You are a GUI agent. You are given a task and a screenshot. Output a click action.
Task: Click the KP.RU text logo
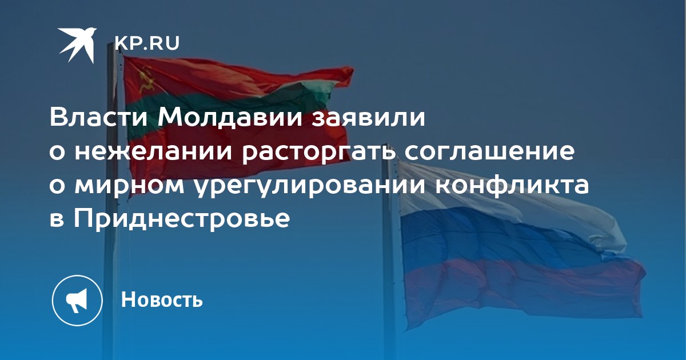coord(147,43)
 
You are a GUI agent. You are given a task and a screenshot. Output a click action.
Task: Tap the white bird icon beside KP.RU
coord(77,45)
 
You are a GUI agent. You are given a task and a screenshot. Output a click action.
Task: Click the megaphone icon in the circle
coord(77,301)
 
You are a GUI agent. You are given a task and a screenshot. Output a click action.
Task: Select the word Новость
coord(162,299)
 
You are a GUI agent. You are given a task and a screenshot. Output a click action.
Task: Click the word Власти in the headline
coord(98,118)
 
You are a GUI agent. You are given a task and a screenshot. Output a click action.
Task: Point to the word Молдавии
coord(230,118)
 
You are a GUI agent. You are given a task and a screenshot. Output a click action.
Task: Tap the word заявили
coord(369,118)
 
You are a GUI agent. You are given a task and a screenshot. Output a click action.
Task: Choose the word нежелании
coord(153,151)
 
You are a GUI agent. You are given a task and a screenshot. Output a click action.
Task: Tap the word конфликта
coord(512,186)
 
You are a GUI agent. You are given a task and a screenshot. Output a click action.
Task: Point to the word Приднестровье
coord(182,220)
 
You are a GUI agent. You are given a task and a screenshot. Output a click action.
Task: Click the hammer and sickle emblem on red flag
coord(146,81)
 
